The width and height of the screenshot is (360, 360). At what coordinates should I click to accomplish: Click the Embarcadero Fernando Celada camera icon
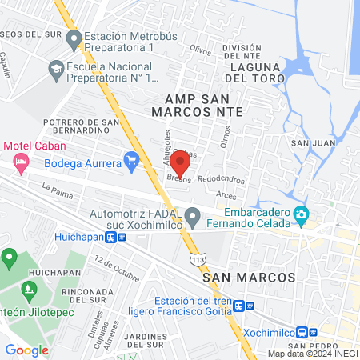[x=301, y=214]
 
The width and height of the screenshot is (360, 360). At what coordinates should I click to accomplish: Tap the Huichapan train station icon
[x=121, y=237]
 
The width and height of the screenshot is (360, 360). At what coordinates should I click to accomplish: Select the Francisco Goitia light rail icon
[x=250, y=306]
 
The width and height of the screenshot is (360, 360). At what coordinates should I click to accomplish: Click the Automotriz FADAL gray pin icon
[x=192, y=216]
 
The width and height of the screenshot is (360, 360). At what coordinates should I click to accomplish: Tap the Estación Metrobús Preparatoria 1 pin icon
[x=74, y=38]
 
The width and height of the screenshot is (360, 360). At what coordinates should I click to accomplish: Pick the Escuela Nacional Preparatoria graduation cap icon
[x=56, y=71]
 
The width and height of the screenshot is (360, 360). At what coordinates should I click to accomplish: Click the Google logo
[x=26, y=350]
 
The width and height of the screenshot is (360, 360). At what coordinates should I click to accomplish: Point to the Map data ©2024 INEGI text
[x=311, y=354]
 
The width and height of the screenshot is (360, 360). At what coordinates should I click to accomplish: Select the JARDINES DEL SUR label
[x=144, y=339]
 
